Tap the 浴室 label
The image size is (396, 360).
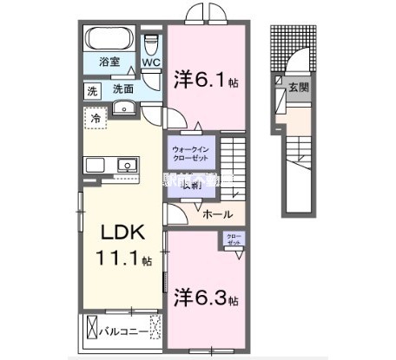coord(109,62)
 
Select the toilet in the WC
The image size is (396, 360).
coord(152,43)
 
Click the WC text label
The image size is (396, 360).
coord(151,62)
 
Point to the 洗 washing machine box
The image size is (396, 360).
coord(90,88)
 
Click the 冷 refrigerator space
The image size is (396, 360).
coord(94,115)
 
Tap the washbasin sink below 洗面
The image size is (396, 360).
coord(124,108)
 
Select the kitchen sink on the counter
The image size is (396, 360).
coord(128,164)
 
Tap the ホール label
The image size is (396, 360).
coord(216,213)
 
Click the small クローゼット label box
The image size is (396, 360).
coord(234,239)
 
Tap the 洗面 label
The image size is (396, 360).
coord(122,88)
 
